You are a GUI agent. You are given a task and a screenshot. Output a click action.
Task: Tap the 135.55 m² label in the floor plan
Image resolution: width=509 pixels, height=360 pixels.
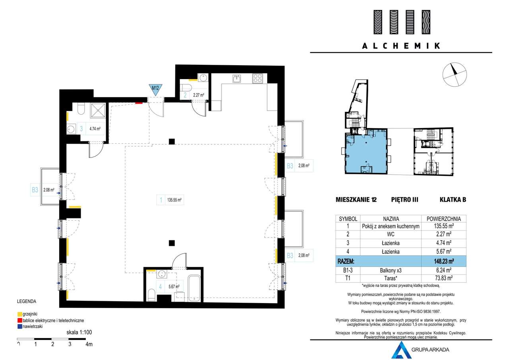click(x=174, y=200)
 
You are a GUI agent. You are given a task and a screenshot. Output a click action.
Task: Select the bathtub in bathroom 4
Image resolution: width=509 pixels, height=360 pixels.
click(x=194, y=288)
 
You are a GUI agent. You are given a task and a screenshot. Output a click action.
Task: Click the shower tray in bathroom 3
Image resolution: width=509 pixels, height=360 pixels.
click(x=98, y=111)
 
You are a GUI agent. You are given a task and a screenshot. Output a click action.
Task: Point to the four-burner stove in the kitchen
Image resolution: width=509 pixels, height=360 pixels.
click(x=257, y=78)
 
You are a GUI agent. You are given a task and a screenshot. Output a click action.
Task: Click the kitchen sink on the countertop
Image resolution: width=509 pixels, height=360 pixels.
click(x=237, y=78)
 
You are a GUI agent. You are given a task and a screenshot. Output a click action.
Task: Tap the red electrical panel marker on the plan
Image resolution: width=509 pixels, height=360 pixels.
click(x=139, y=103)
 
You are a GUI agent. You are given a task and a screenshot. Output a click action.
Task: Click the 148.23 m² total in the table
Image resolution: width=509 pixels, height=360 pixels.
click(x=443, y=261)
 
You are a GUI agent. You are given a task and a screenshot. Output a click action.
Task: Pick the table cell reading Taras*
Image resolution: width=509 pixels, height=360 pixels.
click(x=390, y=278)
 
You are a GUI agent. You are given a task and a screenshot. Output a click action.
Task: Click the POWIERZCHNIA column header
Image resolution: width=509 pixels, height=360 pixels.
click(x=443, y=219)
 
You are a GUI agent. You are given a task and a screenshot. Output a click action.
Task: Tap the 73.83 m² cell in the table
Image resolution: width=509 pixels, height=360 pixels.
click(x=443, y=278)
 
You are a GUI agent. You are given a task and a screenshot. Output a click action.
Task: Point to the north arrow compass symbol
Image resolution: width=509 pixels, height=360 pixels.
click(x=455, y=74)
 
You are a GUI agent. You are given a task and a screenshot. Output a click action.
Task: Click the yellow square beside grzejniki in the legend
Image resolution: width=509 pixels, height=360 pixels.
click(x=20, y=314)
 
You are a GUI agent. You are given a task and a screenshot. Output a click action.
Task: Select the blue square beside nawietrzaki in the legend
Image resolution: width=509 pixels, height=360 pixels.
click(x=20, y=327)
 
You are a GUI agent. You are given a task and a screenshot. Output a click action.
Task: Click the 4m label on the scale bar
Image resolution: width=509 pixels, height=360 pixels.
click(x=89, y=344)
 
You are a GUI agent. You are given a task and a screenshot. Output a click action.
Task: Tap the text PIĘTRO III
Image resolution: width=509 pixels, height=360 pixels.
click(x=405, y=200)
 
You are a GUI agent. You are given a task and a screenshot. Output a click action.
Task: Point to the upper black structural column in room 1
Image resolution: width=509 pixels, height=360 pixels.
click(x=172, y=141)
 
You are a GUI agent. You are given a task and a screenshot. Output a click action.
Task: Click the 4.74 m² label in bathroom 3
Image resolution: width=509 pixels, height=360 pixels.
click(x=95, y=128)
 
